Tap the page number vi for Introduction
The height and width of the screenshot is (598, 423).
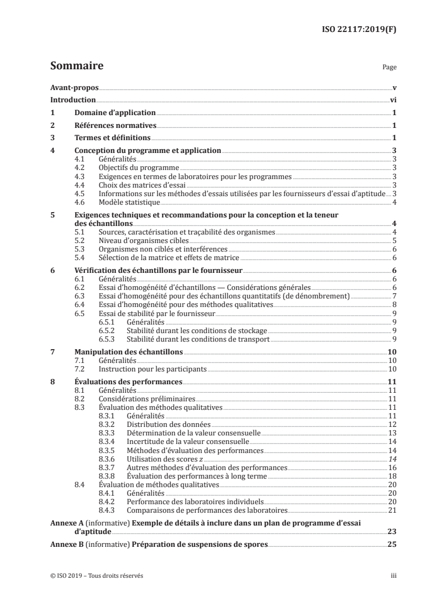(x=393, y=100)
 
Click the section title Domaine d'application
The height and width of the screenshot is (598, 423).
(x=114, y=113)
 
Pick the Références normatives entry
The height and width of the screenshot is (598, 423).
(x=114, y=126)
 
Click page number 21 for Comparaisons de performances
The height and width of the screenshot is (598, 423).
(x=392, y=510)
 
